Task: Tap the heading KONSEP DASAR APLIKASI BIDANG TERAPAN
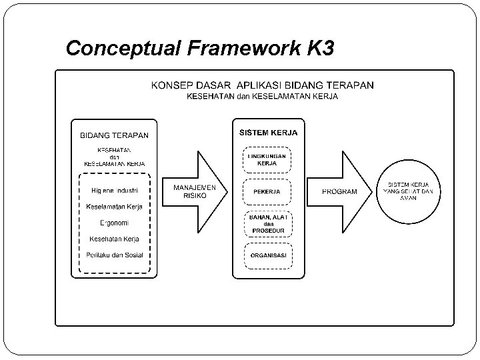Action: point(262,85)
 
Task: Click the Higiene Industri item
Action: point(115,191)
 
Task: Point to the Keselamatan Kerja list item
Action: point(115,207)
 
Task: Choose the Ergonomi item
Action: point(114,223)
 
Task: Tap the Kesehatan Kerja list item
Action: point(115,239)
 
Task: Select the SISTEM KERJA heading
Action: point(269,133)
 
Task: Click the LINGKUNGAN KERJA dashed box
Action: point(267,159)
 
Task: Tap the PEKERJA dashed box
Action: point(267,192)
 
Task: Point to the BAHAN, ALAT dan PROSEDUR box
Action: point(267,224)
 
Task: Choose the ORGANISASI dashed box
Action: point(267,256)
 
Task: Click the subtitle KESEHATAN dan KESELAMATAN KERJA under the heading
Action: point(262,97)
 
